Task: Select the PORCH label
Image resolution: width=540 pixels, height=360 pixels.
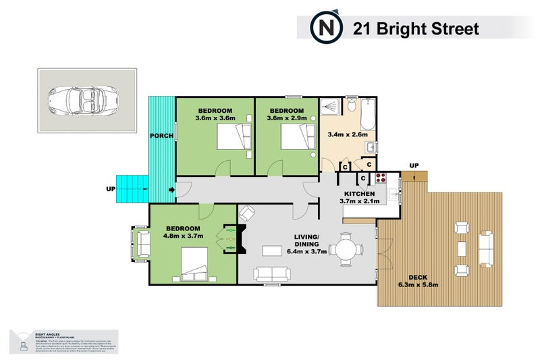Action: (x=163, y=136)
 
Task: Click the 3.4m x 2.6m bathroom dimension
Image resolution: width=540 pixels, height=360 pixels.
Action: (x=347, y=134)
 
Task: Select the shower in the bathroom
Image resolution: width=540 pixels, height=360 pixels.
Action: (x=329, y=107)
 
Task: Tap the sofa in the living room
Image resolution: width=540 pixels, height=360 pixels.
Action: (x=272, y=274)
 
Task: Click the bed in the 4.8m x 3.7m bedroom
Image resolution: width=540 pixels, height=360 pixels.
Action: (x=194, y=264)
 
